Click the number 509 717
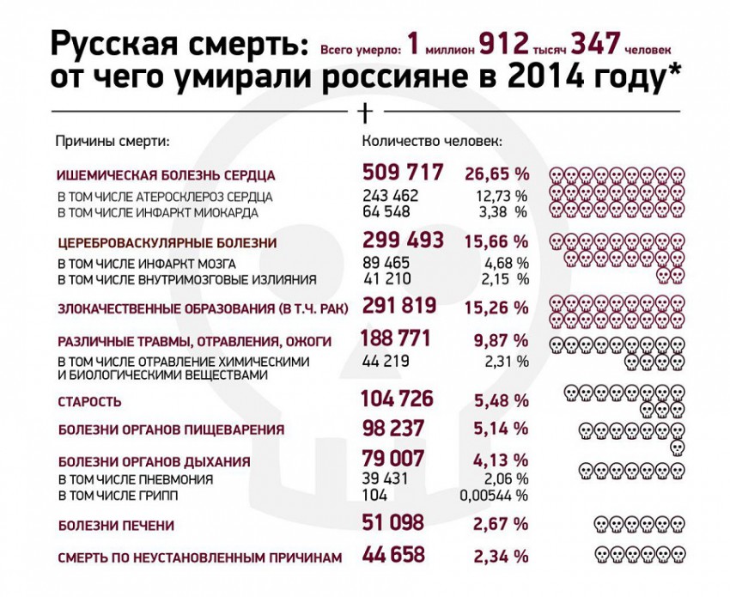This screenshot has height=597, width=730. coord(402,173)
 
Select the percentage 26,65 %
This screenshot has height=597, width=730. coord(497,174)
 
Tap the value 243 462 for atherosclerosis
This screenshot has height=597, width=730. coord(391,196)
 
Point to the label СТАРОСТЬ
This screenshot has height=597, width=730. coord(89,401)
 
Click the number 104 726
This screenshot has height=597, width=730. coord(398,399)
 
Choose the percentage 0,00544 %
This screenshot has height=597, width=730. coord(494,496)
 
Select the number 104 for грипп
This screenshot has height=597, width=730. coord(374,496)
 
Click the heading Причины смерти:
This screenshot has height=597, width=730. coord(113,141)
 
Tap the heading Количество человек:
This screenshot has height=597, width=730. coord(432,141)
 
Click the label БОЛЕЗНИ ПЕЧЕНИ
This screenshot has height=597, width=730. coord(116,525)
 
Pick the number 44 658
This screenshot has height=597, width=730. coord(394,555)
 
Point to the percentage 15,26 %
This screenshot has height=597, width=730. coord(497,307)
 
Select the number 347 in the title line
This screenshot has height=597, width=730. coord(599,43)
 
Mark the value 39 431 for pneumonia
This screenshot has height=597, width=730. coord(387,479)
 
